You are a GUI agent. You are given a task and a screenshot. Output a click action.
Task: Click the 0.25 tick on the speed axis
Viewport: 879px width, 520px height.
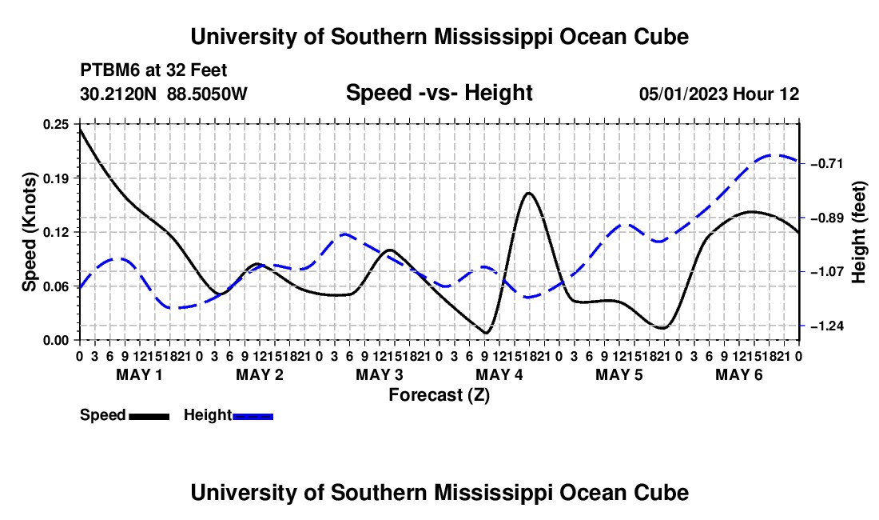[x=55, y=124]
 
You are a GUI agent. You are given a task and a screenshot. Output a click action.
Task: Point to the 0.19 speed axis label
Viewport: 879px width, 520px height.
[x=55, y=178]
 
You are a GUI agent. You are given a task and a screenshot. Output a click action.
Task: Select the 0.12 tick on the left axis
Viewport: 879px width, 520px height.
[x=55, y=232]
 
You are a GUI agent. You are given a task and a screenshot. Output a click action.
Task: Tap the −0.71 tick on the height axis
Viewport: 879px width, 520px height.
[x=827, y=164]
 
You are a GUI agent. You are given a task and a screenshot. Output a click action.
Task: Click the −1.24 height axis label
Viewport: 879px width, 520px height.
[x=827, y=326]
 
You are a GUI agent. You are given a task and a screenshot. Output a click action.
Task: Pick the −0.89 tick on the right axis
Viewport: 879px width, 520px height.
[x=827, y=218]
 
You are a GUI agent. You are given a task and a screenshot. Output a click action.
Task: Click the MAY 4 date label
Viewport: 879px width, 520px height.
[x=499, y=374]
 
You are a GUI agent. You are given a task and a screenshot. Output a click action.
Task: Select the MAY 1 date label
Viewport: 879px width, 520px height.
[x=139, y=374]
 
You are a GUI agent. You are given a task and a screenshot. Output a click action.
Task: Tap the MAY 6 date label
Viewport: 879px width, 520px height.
[x=739, y=374]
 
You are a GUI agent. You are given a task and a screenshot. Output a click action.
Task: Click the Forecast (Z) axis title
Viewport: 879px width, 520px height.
[x=439, y=395]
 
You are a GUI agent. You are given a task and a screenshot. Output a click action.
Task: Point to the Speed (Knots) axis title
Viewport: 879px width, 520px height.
[x=29, y=232]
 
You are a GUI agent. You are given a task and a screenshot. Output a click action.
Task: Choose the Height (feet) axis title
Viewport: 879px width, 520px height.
[x=859, y=232]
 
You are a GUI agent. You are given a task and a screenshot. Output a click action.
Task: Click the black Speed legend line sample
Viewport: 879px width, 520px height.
[x=149, y=417]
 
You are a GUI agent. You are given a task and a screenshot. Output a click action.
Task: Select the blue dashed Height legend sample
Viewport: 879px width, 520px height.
[x=253, y=417]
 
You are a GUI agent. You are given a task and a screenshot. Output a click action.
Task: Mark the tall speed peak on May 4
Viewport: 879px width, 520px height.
[x=528, y=193]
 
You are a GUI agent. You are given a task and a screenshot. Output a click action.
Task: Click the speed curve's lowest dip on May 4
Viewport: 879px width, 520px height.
[x=486, y=333]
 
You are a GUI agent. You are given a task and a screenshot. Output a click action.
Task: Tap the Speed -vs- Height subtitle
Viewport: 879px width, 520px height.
[x=439, y=93]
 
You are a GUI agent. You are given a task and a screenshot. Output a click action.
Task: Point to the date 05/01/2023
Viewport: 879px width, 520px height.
[x=683, y=94]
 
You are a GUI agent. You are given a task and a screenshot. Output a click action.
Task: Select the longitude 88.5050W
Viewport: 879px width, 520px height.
[x=207, y=94]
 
